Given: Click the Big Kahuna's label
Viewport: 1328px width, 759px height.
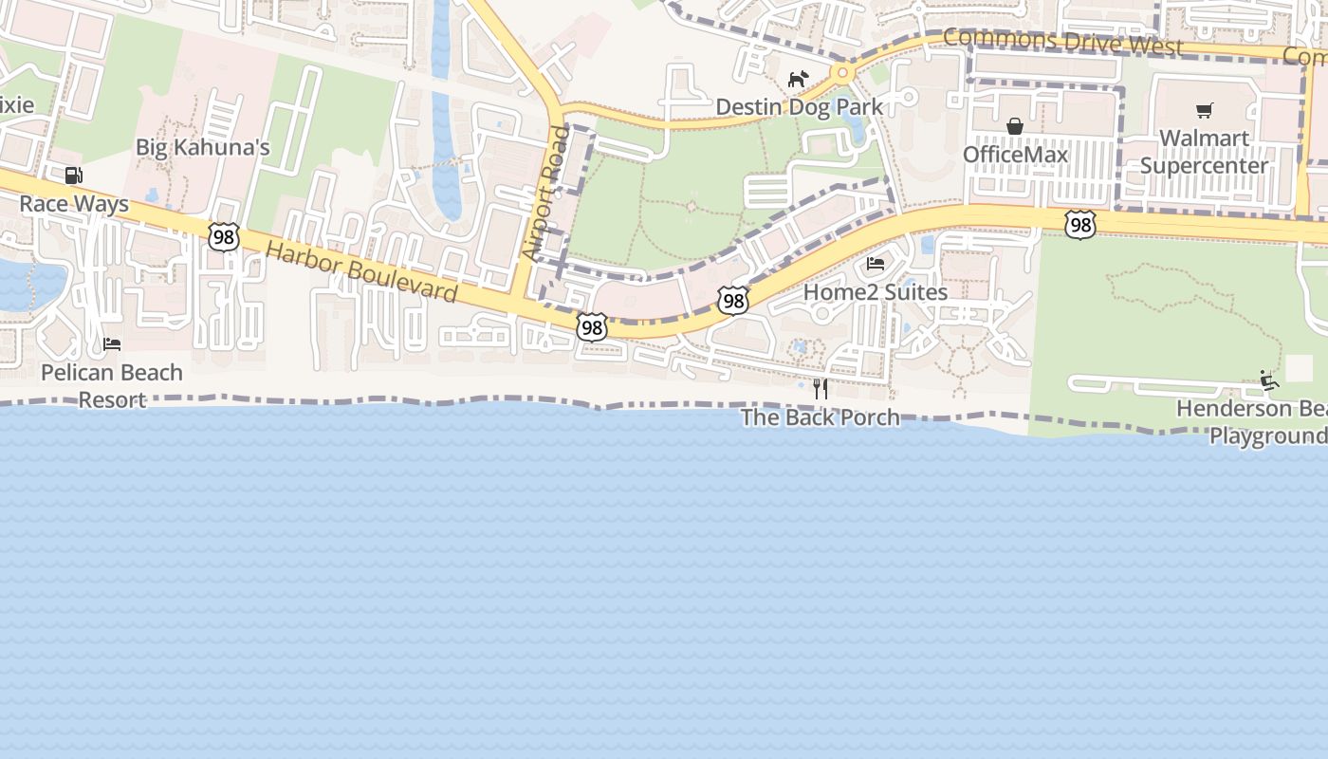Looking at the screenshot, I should tap(203, 147).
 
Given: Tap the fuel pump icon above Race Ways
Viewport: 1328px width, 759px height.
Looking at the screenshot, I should tap(73, 175).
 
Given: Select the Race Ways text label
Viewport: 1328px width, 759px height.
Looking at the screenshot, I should tap(74, 204).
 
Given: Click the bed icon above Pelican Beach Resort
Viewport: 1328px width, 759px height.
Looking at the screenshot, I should tap(112, 343).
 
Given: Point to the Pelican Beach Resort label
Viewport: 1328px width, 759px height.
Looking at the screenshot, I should tap(112, 385).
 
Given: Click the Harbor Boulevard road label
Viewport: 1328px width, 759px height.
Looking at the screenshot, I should tap(361, 272).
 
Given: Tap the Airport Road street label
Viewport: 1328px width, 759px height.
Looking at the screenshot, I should tap(545, 194).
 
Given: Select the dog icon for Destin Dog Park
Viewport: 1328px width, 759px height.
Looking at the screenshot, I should tap(798, 79).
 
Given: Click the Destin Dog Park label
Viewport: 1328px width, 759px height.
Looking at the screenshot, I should tap(799, 106).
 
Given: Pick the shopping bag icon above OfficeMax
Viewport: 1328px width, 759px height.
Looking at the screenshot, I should tap(1015, 126).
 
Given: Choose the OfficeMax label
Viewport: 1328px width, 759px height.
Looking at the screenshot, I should tap(1015, 155).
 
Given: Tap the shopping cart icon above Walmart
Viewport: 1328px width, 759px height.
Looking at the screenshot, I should tap(1204, 111).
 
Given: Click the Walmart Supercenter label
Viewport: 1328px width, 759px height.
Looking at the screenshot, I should tap(1204, 152).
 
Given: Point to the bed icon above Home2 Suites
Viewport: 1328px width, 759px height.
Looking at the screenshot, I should tap(876, 264).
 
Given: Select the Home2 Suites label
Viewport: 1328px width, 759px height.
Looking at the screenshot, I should tap(876, 292).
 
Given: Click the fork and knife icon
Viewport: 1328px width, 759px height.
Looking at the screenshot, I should tap(821, 388).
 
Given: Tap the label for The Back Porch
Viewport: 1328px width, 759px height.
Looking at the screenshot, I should tap(821, 417).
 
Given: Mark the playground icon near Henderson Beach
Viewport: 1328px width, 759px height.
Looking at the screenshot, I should tap(1269, 380).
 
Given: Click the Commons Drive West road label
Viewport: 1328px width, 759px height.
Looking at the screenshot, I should tap(1063, 43).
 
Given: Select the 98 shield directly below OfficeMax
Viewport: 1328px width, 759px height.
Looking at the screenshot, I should tap(1079, 225).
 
